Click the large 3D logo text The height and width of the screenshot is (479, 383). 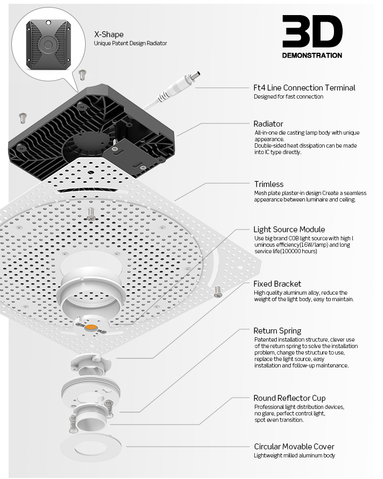coord(312,31)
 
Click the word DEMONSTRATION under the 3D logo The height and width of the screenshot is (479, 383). coord(312,55)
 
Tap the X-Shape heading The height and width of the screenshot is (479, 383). coord(109,34)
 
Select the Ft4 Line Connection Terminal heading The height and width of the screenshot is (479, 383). coord(304,88)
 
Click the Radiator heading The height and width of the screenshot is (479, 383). coord(268,124)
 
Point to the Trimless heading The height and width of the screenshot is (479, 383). coord(269,184)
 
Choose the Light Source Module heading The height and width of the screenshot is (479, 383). coord(289,230)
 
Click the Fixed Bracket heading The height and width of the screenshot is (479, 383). coord(277,284)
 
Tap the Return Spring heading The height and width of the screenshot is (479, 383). coord(277,331)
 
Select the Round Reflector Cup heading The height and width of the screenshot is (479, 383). coord(290,398)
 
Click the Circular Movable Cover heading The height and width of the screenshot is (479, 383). coord(294,447)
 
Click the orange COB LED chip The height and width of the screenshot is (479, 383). coord(90,327)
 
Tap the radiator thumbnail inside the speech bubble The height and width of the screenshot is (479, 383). coord(48,44)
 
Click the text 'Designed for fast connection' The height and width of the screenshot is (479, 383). coord(289,97)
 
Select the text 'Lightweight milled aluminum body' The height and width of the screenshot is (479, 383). coord(295,455)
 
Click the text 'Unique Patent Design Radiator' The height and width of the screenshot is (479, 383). coord(130,44)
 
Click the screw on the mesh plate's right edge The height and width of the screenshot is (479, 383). coord(218,291)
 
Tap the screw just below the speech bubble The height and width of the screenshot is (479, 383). coord(82,74)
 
